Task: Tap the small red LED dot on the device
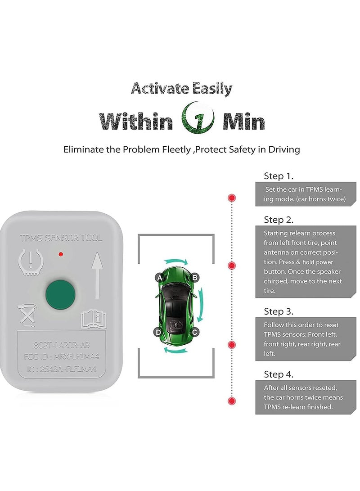(60, 255)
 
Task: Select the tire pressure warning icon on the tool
(30, 261)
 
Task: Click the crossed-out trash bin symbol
(27, 315)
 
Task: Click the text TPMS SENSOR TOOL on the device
(61, 238)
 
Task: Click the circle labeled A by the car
(158, 278)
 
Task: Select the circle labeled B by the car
(195, 278)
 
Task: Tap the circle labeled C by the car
(195, 333)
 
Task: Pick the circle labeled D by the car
(158, 333)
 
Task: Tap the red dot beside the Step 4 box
(232, 401)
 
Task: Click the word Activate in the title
(153, 89)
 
